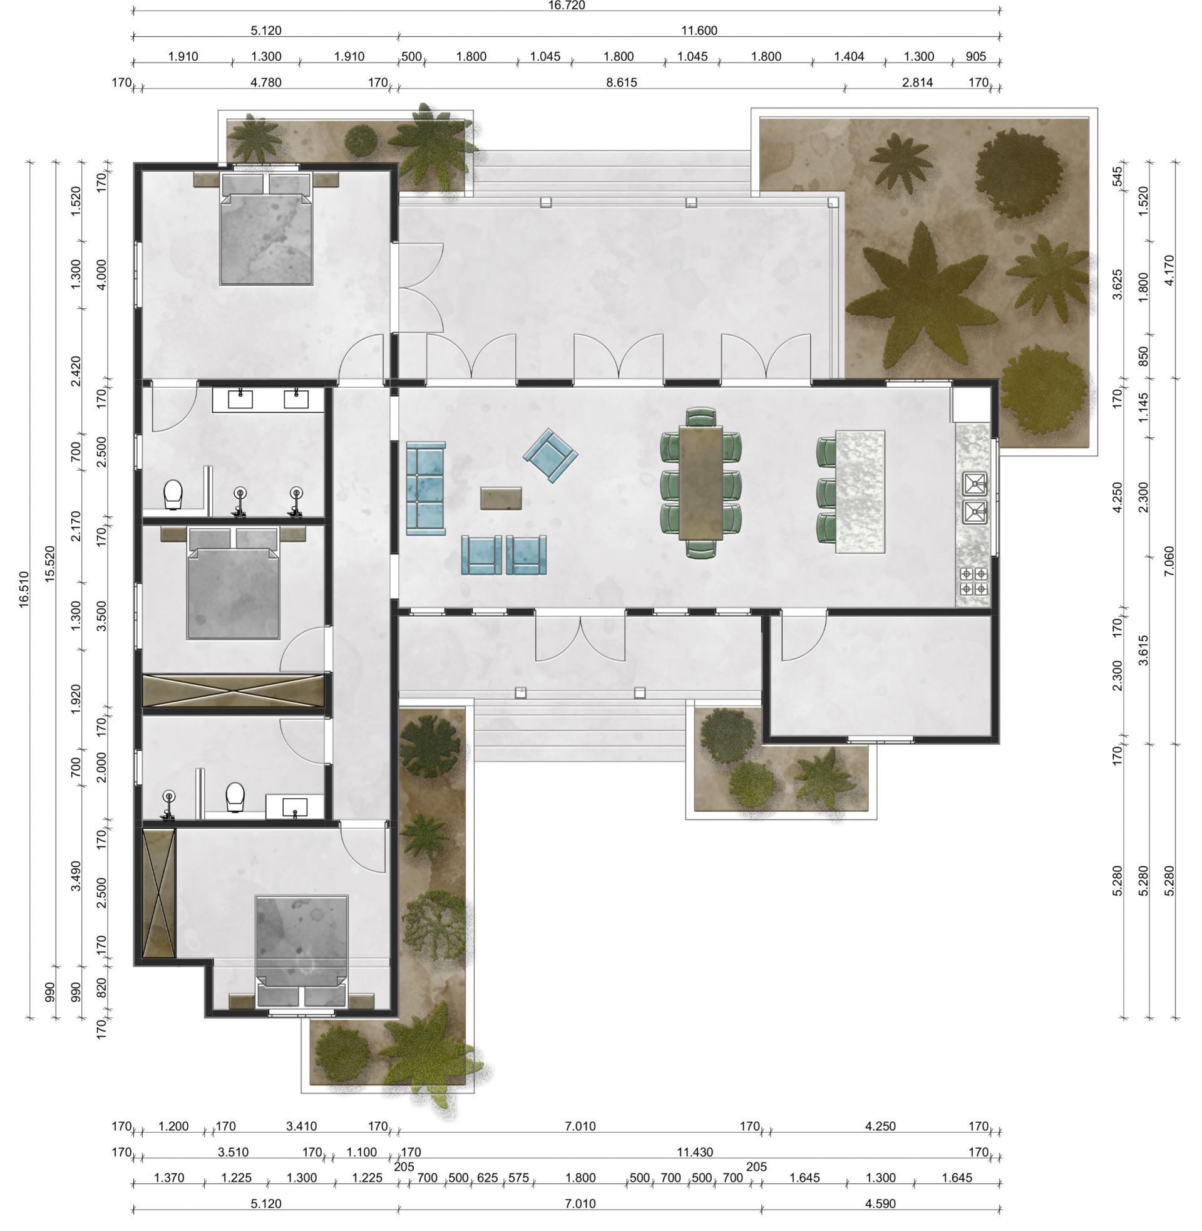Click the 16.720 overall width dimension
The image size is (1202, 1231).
[567, 6]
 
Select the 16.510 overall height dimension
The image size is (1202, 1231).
[24, 590]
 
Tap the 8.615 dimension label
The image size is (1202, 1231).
[621, 82]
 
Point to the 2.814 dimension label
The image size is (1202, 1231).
[917, 82]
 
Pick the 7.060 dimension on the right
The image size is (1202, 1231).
[1169, 561]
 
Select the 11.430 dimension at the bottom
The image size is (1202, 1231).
[694, 1151]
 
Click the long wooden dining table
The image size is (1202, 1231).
[701, 482]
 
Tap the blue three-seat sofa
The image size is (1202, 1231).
[426, 488]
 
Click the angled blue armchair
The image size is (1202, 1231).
[550, 456]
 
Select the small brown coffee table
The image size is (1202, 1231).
[501, 497]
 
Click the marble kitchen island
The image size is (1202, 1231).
[860, 491]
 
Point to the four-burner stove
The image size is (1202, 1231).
[973, 581]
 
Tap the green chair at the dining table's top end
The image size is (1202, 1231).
[701, 417]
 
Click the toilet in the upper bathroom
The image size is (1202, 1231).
[173, 494]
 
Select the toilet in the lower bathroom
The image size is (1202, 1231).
[235, 796]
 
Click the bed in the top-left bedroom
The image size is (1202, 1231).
[266, 229]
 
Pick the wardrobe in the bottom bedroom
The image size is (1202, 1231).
[158, 893]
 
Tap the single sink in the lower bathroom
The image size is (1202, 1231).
[295, 806]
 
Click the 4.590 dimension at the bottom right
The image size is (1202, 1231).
[880, 1203]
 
